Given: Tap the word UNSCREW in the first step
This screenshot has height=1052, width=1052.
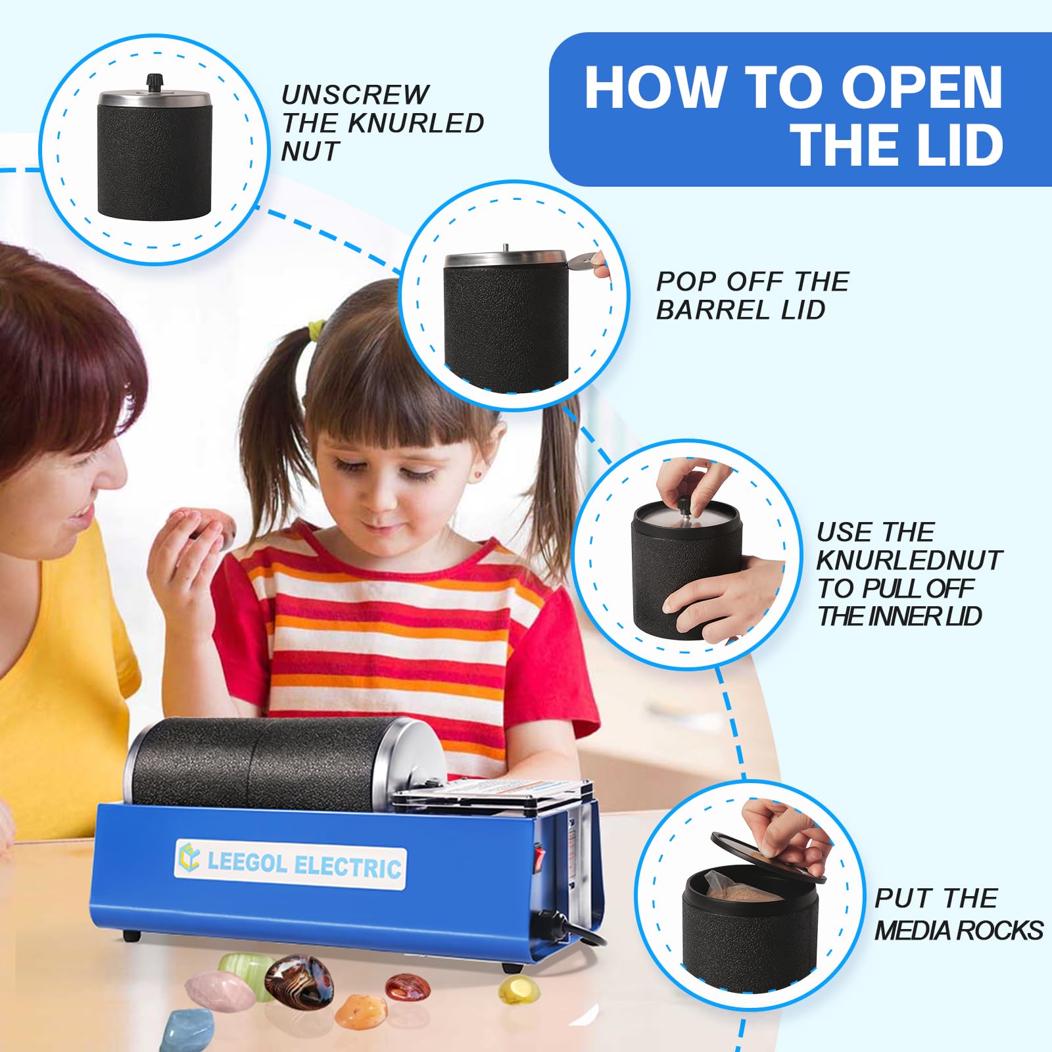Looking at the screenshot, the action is point(356,95).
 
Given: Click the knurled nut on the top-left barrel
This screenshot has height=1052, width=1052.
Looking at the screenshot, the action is point(155,82).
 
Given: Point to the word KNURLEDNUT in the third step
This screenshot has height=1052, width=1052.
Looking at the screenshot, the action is point(909,560).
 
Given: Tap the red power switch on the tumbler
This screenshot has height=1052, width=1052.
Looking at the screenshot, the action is point(540,857).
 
